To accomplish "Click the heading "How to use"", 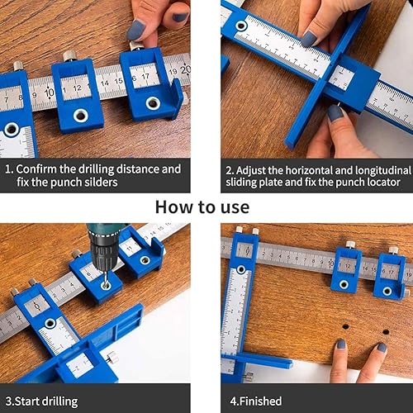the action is click(x=202, y=207).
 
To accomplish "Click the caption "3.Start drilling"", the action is click(x=41, y=401).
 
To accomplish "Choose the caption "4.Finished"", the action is click(x=256, y=401).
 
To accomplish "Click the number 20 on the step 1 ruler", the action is click(x=185, y=69).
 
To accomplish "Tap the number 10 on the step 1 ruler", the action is click(x=50, y=93).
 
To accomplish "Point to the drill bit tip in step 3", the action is click(x=105, y=287).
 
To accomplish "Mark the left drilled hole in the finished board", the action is click(x=345, y=327).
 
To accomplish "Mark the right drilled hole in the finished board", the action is click(x=386, y=332).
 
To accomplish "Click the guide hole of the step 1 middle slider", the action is click(x=81, y=116).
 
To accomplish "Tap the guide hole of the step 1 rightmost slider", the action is click(x=153, y=103).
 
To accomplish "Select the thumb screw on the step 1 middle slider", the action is click(x=69, y=56).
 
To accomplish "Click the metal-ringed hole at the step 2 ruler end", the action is click(x=241, y=26).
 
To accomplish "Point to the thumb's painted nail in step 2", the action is click(x=335, y=113).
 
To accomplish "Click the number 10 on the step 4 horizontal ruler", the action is click(x=330, y=263).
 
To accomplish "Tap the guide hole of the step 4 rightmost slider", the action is click(x=387, y=291).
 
